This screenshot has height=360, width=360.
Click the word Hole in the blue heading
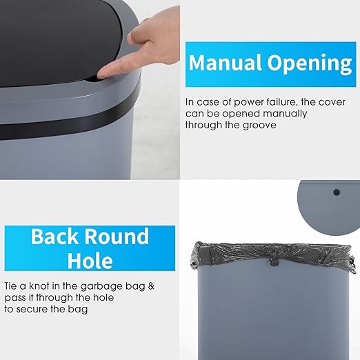point(90,261)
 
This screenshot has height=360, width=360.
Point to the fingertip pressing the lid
point(103,70)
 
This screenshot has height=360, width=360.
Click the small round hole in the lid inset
point(337,191)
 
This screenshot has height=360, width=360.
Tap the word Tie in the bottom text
point(12,286)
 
